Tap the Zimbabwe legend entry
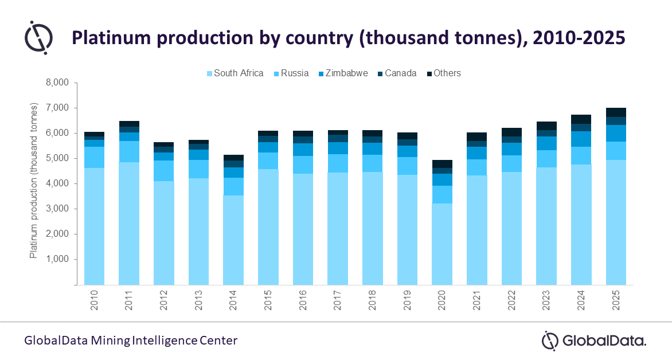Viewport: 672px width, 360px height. (342, 73)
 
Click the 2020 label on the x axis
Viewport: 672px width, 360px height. (443, 300)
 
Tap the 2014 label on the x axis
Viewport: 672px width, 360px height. (233, 300)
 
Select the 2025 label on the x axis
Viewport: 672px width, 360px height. (616, 300)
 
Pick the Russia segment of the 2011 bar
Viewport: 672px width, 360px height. (128, 151)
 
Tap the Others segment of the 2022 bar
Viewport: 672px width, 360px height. (511, 132)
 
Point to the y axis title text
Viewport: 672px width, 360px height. (34, 181)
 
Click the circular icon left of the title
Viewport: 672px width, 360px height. (38, 37)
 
